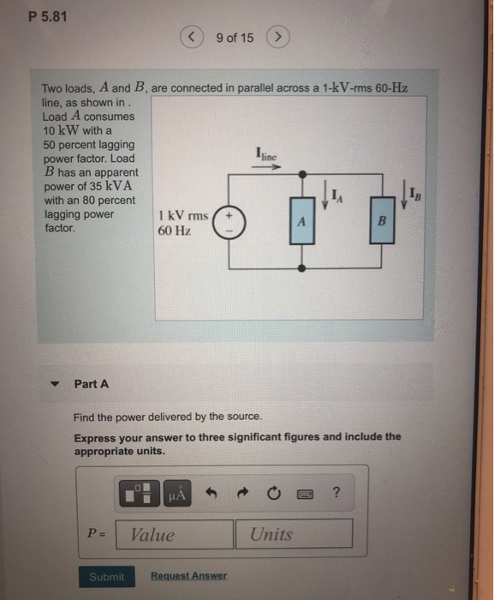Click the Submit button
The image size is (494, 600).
[106, 577]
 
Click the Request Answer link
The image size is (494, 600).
[188, 576]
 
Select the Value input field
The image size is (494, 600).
[175, 534]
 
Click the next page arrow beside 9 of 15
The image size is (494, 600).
[277, 38]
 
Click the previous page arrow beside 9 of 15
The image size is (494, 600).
[193, 38]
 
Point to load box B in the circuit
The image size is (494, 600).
[381, 221]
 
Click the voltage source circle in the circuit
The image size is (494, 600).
[229, 222]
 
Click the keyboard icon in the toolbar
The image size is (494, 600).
[304, 493]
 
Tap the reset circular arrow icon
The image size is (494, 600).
[273, 493]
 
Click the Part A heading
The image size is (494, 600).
[92, 384]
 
